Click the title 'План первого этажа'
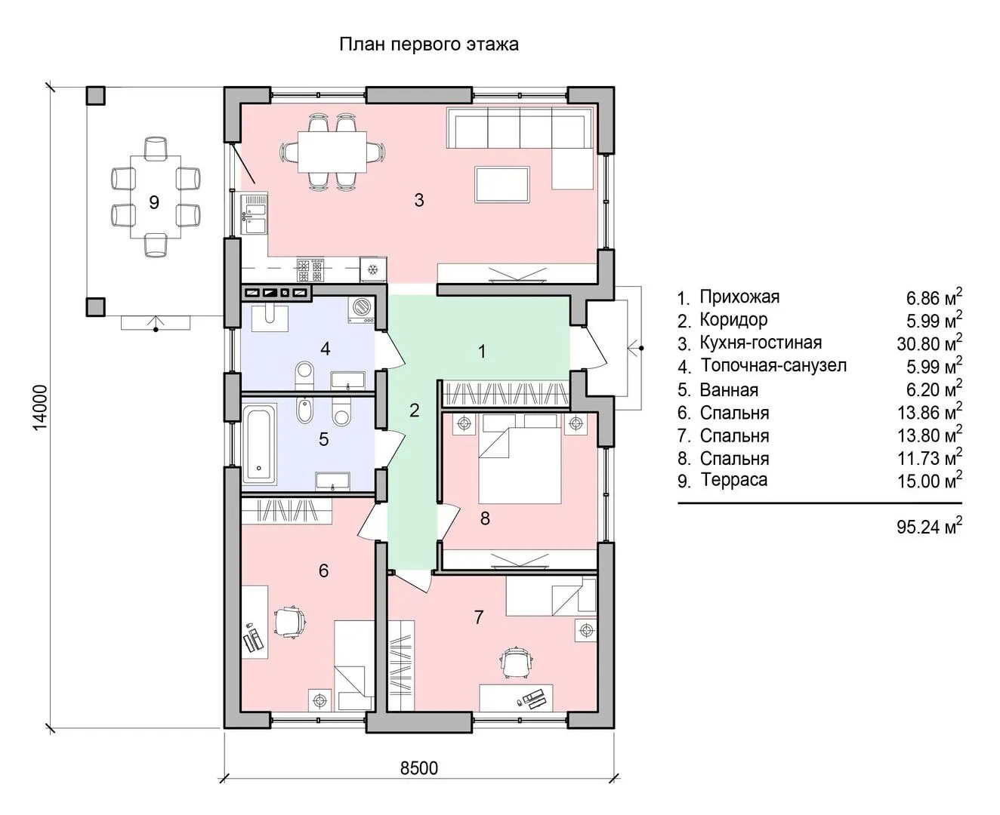429,45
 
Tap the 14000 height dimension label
41,407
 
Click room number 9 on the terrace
153,202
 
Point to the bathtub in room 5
259,444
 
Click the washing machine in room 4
363,309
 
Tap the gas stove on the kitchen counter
310,270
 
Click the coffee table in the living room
502,184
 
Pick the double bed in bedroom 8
520,458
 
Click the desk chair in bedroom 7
517,662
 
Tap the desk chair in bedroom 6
290,622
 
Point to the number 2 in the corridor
415,411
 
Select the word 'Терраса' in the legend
733,479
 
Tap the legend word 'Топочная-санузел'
773,365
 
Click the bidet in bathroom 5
304,410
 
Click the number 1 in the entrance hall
482,352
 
